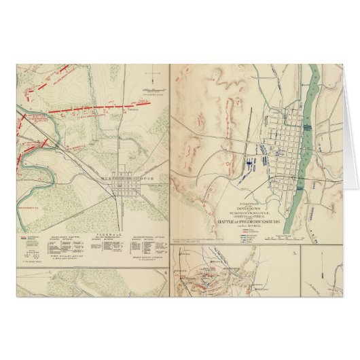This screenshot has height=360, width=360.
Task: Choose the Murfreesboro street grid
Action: coord(125,188)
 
